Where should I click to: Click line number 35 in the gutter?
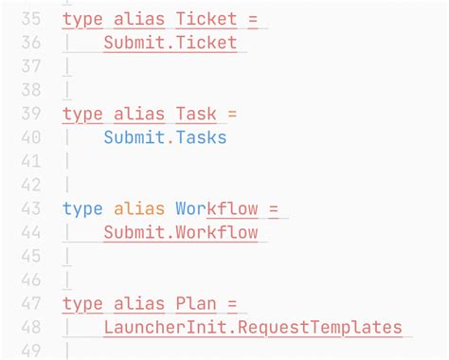pos(30,19)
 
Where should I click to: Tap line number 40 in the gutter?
pos(30,137)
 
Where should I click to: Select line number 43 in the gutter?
pos(30,208)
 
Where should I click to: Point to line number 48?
pos(30,328)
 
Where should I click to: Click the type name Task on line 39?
pos(196,114)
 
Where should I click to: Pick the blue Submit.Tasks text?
pos(165,137)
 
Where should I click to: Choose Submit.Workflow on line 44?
pos(181,233)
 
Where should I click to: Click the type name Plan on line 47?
pos(196,304)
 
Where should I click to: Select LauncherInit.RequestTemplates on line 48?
pos(253,328)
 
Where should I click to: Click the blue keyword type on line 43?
pos(82,208)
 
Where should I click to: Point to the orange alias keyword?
pos(138,208)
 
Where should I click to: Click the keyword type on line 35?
pos(82,19)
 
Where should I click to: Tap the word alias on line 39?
pos(138,114)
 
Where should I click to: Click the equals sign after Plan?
pos(232,304)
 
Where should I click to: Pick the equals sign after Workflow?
pos(275,208)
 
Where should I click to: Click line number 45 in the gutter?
pos(30,257)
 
